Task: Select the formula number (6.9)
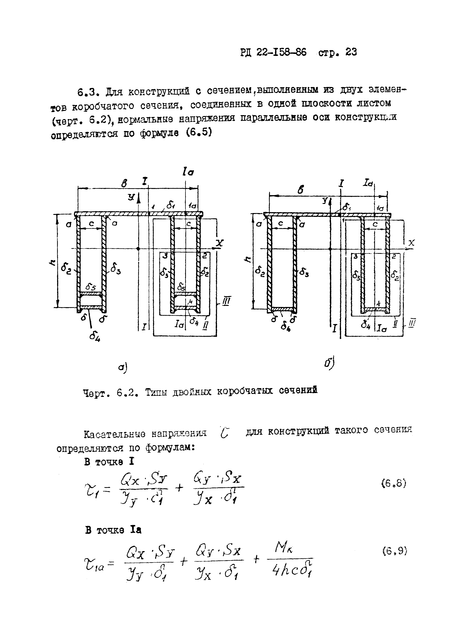tap(394, 551)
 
